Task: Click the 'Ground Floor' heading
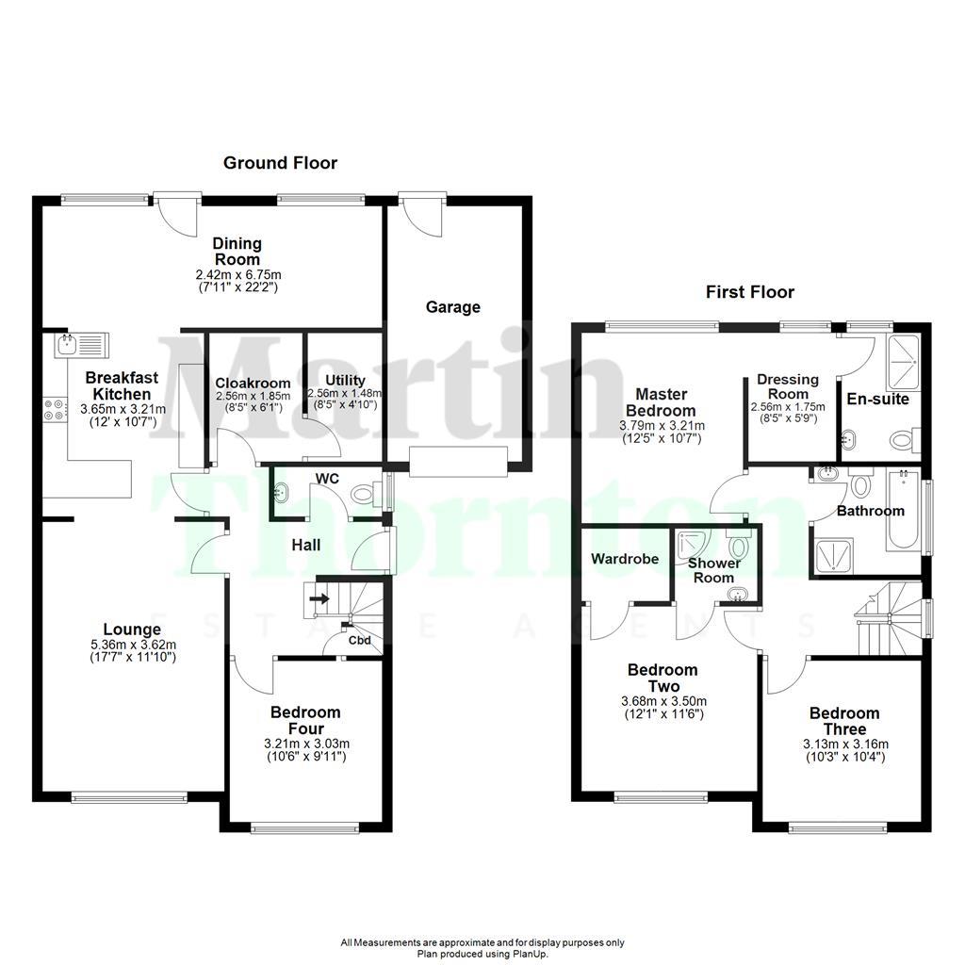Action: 280,163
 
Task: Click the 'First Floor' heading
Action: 750,292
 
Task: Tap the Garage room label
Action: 452,307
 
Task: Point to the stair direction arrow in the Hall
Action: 320,597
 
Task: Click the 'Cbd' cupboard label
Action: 359,642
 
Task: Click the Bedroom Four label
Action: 305,720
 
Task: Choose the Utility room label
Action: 345,381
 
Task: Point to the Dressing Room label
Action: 788,386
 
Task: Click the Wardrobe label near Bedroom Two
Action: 625,559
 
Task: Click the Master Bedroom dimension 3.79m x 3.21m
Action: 661,425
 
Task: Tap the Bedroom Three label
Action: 843,721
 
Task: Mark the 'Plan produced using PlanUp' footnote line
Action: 482,954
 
